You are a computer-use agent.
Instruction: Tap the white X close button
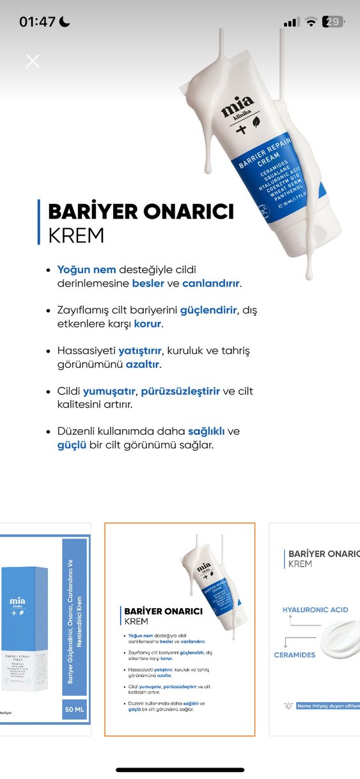(33, 61)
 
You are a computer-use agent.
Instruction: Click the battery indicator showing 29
(334, 22)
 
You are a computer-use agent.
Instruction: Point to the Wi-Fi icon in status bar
(311, 22)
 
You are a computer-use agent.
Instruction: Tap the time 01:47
(37, 22)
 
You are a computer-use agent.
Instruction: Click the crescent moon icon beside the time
(65, 22)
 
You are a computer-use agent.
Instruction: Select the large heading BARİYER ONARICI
(141, 212)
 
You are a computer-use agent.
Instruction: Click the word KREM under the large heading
(75, 235)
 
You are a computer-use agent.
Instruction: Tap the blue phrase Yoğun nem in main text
(82, 270)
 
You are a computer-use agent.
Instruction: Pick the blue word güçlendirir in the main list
(209, 310)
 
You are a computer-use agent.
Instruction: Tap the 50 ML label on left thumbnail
(75, 709)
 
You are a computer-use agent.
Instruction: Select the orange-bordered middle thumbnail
(180, 629)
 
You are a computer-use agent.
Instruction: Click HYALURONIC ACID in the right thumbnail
(315, 610)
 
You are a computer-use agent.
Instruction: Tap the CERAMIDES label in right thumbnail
(295, 655)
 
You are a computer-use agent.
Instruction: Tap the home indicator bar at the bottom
(180, 769)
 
